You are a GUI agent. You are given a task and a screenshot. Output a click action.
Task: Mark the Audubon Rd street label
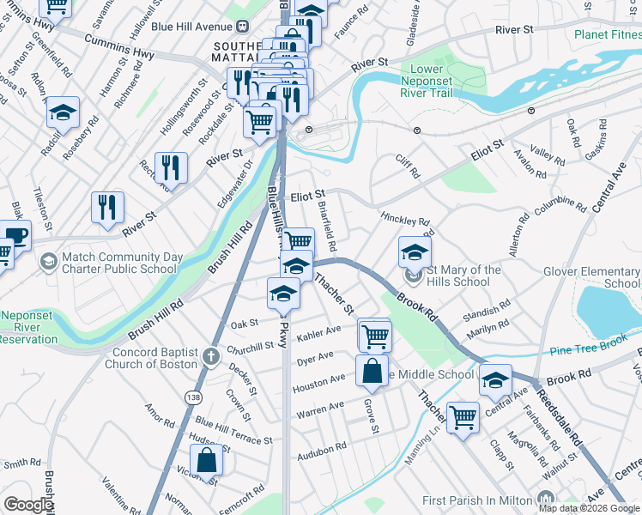(323, 446)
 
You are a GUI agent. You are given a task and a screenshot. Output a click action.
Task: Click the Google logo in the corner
(28, 505)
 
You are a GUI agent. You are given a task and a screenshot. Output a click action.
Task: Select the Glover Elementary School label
(591, 277)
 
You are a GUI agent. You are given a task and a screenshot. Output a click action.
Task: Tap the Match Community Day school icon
(49, 257)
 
